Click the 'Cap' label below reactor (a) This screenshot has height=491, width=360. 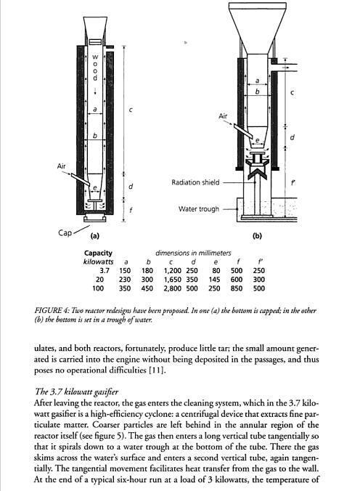pyautogui.click(x=65, y=232)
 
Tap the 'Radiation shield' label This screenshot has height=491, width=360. pyautogui.click(x=195, y=182)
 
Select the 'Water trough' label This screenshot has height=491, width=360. pyautogui.click(x=199, y=209)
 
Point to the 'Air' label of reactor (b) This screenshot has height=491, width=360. pyautogui.click(x=223, y=116)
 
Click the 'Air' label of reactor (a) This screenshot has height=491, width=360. pyautogui.click(x=62, y=166)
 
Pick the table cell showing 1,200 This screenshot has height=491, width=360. pyautogui.click(x=173, y=270)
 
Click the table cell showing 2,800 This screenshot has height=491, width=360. pyautogui.click(x=172, y=288)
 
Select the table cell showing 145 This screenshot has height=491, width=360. pyautogui.click(x=214, y=280)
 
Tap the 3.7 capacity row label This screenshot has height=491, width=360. pyautogui.click(x=104, y=270)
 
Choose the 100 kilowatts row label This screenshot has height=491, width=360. pyautogui.click(x=98, y=288)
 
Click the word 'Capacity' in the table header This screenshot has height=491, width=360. pyautogui.click(x=98, y=253)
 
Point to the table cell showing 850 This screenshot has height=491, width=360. pyautogui.click(x=237, y=288)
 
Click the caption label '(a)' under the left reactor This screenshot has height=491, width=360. pyautogui.click(x=94, y=236)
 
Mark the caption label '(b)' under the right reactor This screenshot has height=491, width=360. pyautogui.click(x=257, y=236)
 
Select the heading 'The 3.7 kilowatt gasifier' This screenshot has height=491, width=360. pyautogui.click(x=76, y=391)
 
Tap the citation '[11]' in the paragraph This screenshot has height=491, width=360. pyautogui.click(x=156, y=370)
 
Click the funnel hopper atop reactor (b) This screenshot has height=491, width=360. pyautogui.click(x=258, y=28)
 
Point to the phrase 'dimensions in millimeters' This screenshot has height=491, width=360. pyautogui.click(x=193, y=253)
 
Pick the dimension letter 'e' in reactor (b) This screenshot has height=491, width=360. pyautogui.click(x=258, y=140)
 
